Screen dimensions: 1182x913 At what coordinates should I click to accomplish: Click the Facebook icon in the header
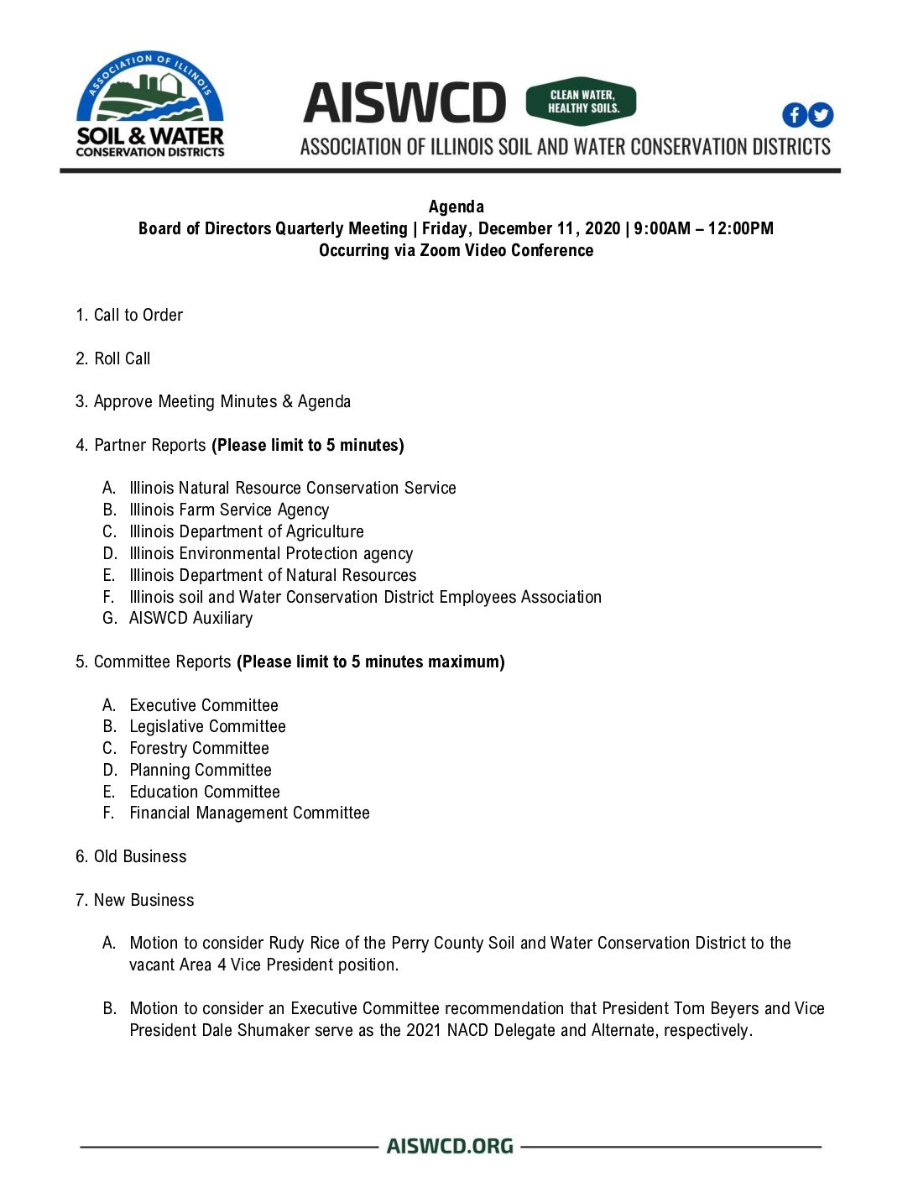coord(794,115)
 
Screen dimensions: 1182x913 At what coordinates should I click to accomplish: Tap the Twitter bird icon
coord(821,115)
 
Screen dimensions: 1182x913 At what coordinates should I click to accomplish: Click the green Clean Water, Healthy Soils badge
coord(581,102)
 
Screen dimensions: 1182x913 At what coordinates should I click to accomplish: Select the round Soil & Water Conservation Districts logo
coord(150,104)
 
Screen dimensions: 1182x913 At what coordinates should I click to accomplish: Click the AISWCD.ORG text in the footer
coord(450,1146)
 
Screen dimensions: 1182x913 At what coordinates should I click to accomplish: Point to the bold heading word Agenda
coord(456,207)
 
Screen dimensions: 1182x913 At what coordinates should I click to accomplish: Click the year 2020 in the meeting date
coord(603,228)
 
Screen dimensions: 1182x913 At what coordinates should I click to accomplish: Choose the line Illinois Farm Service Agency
coord(229,510)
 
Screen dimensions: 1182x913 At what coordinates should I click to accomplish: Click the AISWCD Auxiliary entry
coord(190,618)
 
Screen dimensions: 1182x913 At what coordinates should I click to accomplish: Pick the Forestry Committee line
coord(199,748)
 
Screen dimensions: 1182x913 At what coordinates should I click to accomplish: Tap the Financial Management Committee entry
coord(249,813)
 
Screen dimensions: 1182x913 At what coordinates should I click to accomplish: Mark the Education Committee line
coord(205,792)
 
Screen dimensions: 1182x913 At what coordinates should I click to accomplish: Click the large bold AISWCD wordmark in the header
coord(404,103)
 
